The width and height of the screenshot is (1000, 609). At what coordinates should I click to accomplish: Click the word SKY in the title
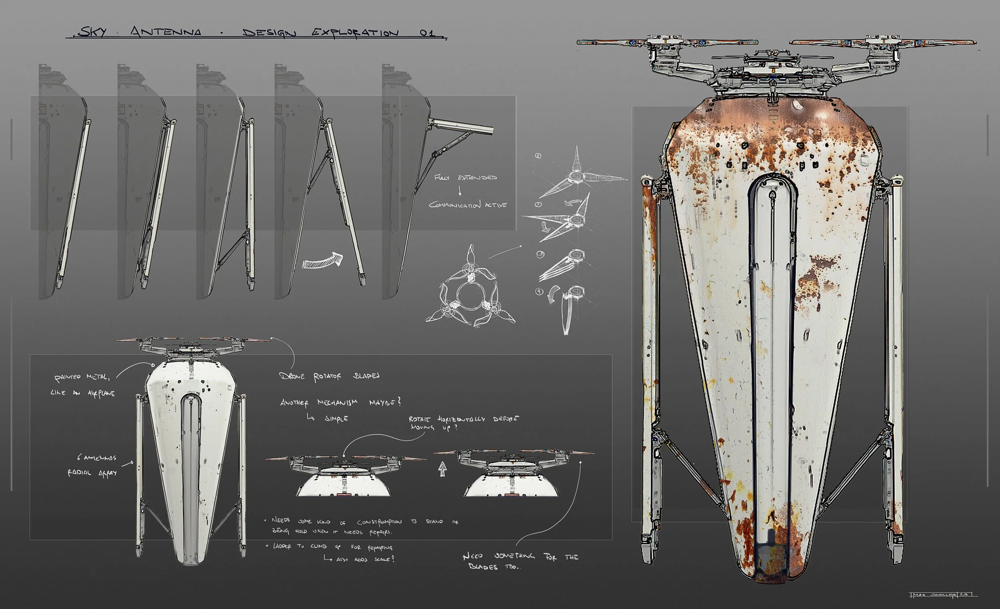92,32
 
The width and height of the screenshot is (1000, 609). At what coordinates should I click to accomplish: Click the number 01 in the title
427,32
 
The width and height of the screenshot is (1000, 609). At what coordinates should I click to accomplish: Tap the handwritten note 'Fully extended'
465,178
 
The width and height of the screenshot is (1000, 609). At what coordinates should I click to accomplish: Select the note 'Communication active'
468,205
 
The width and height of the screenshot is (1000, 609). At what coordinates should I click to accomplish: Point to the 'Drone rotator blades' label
329,376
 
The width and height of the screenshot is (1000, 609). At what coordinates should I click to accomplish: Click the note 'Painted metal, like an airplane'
84,385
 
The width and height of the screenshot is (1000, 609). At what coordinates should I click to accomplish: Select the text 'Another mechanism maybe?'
340,403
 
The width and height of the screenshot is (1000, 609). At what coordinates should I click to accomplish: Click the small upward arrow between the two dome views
442,470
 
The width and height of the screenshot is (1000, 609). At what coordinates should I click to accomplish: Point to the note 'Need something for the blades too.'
520,561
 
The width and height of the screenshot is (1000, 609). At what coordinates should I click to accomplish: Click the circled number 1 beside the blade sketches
538,156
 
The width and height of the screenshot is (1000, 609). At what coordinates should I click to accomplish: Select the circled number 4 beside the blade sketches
539,292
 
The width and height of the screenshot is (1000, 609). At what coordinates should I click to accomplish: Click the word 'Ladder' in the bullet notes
282,547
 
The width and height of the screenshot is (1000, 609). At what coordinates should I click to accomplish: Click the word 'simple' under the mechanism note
336,418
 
